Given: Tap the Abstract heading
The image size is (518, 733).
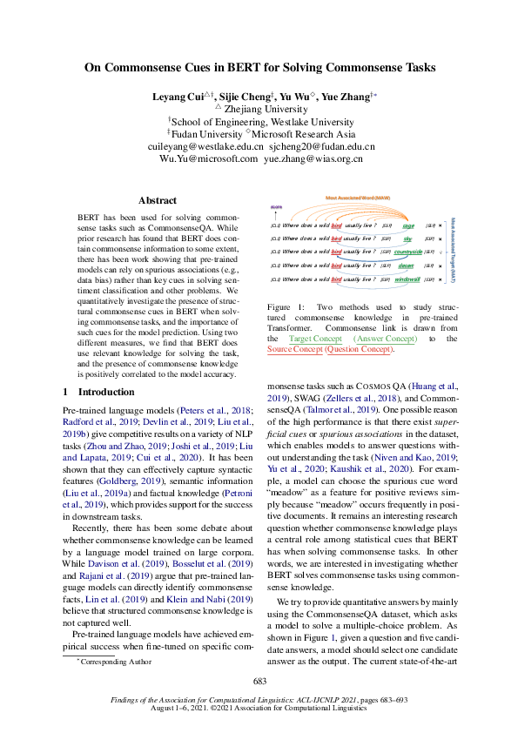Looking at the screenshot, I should [x=158, y=200].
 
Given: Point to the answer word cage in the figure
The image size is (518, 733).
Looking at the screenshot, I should [x=408, y=225].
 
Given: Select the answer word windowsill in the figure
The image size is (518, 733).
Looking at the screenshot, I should [x=407, y=279].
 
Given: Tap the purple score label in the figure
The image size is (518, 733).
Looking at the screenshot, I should [x=276, y=207].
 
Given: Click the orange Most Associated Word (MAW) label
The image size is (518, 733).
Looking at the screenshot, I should [x=356, y=198].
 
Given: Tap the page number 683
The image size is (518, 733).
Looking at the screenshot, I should [x=259, y=681].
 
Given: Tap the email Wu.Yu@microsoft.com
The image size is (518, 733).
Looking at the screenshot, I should [x=208, y=159].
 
